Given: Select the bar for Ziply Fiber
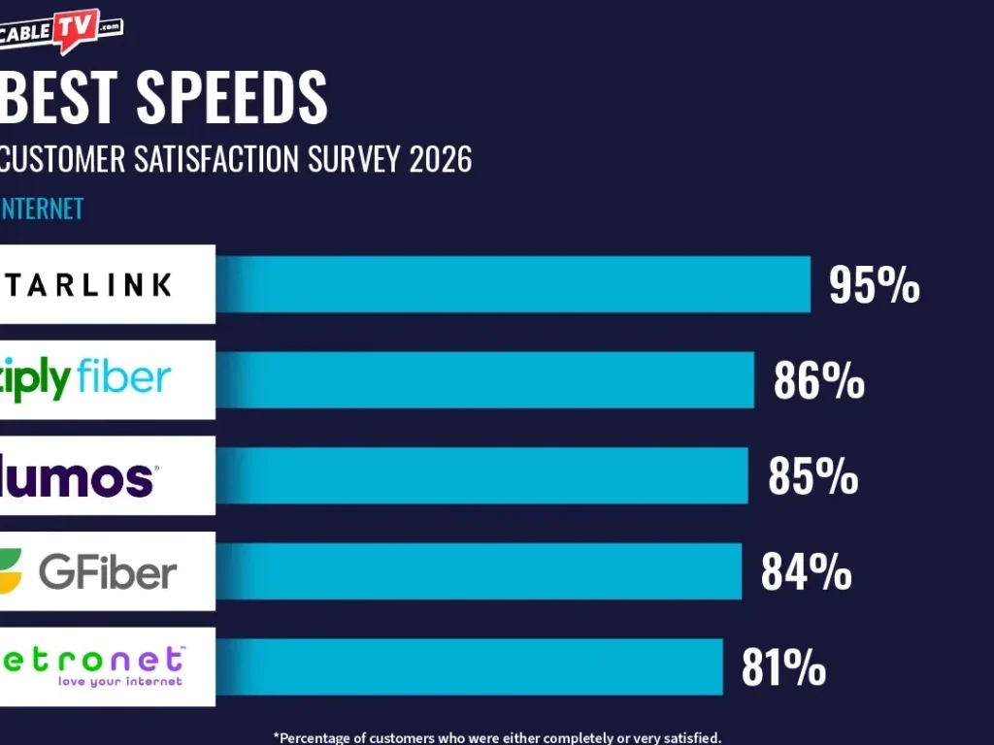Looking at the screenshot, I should pos(484,380).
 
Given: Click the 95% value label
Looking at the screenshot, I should pos(874,286).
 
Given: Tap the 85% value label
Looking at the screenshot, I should pos(812,477).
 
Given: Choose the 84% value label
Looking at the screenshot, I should pos(806,572).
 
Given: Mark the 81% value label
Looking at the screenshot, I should pos(783,668).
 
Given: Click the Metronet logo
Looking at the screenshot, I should pos(92,666).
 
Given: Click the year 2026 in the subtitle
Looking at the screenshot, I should pos(440,159).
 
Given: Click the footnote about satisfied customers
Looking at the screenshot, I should pos(497,737).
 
